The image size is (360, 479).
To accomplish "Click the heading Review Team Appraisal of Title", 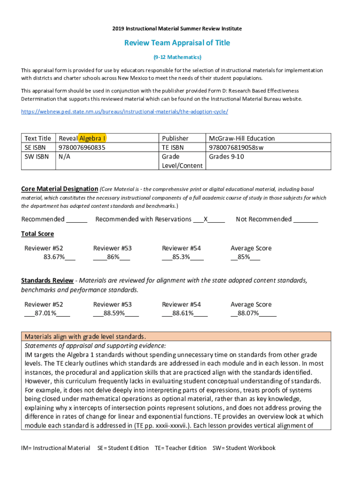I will click(x=177, y=43).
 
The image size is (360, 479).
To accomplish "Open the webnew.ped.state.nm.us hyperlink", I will click(x=124, y=112).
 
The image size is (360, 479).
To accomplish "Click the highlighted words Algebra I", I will click(x=92, y=138).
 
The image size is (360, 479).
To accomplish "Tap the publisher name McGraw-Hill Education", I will click(x=242, y=138).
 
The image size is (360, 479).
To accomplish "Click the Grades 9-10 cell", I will click(x=226, y=156).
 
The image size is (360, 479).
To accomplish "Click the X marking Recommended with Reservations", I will click(x=206, y=219).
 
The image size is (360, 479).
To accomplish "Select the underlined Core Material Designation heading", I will click(x=59, y=189).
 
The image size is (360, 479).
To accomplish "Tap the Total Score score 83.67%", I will click(x=54, y=257).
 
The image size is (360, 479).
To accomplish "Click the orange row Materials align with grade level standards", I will click(x=176, y=337).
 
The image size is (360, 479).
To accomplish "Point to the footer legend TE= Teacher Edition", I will click(x=180, y=448).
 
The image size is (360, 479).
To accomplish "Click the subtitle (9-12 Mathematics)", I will click(x=177, y=57).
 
